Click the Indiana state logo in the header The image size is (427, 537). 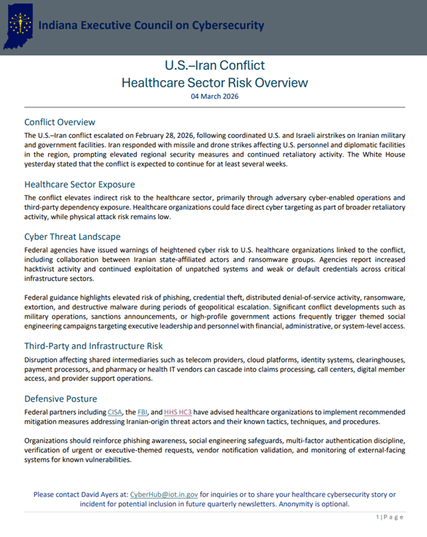[20, 26]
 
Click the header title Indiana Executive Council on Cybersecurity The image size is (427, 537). [151, 25]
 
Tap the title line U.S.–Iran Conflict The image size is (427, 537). [214, 66]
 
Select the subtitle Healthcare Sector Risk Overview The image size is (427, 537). [214, 83]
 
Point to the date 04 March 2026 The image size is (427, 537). [214, 97]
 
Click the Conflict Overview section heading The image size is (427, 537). [60, 122]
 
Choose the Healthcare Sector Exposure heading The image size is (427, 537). [79, 184]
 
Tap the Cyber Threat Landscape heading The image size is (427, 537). [73, 236]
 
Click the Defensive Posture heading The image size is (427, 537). [60, 398]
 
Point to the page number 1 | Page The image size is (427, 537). [389, 517]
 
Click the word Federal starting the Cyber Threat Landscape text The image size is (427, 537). [38, 251]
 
